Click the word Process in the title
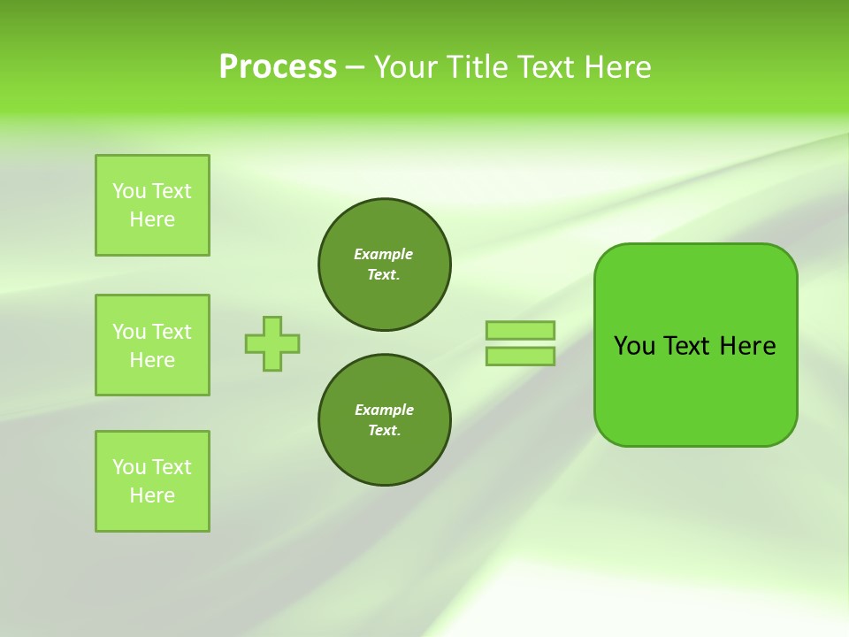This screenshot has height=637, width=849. tap(278, 67)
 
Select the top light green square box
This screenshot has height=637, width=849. tap(152, 205)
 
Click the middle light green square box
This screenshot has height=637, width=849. tap(152, 345)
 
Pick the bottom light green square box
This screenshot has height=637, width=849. tap(152, 481)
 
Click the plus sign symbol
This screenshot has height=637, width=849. tap(272, 343)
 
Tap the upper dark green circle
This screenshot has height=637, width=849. tap(385, 265)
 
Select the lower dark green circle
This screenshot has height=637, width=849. tap(385, 419)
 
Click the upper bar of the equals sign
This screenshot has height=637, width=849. tap(520, 330)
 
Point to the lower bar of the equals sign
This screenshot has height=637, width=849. tap(520, 356)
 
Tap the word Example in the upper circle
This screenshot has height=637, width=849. tap(384, 254)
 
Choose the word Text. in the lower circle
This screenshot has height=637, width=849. tap(384, 430)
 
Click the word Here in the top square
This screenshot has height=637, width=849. tap(152, 219)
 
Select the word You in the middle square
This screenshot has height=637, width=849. tap(128, 332)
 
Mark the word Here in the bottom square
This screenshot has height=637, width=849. tap(152, 495)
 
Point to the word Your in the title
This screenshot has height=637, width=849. tap(405, 67)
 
